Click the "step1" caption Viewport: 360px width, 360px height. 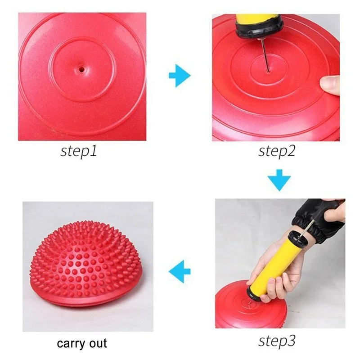pyautogui.click(x=79, y=151)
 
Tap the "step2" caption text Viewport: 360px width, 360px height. pyautogui.click(x=277, y=151)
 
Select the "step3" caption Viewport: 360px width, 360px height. pyautogui.click(x=277, y=341)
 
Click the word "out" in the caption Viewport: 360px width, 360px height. pyautogui.click(x=98, y=343)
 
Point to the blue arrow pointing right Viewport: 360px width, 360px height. pyautogui.click(x=180, y=76)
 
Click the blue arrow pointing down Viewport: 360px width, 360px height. pyautogui.click(x=279, y=180)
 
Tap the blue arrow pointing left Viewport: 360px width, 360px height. pyautogui.click(x=180, y=272)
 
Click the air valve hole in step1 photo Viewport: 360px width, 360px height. pyautogui.click(x=81, y=69)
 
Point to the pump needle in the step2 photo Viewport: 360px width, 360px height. pyautogui.click(x=265, y=55)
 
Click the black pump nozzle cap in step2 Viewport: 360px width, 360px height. pyautogui.click(x=255, y=30)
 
